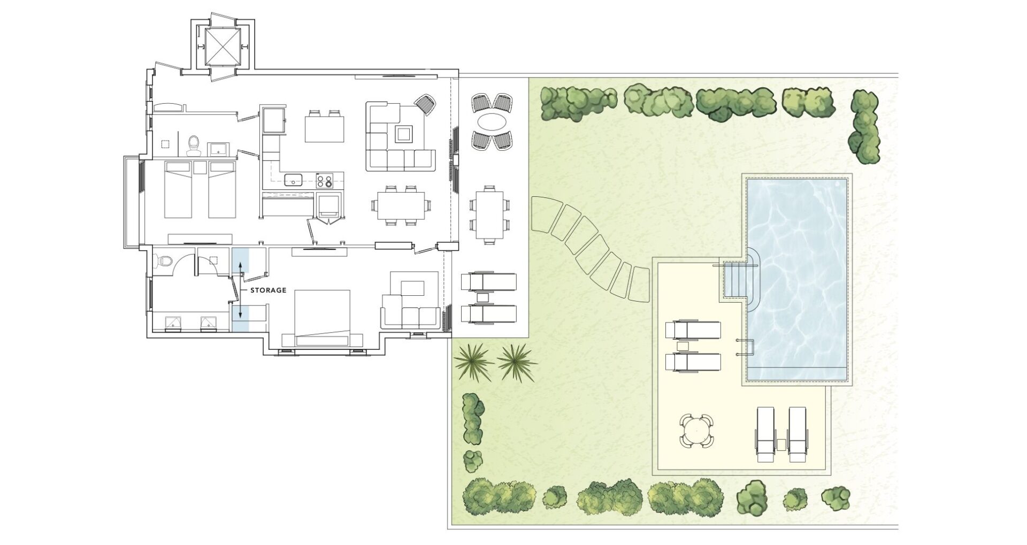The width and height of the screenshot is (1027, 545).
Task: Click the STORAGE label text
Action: (x=268, y=290)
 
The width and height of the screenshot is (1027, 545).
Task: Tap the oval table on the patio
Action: (x=493, y=121)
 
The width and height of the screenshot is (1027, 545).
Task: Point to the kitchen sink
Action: (x=294, y=180)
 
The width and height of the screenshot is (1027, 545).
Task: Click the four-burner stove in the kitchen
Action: (x=325, y=181)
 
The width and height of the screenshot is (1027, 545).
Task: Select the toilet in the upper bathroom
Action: (x=194, y=144)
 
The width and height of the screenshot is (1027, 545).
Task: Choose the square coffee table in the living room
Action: (x=404, y=133)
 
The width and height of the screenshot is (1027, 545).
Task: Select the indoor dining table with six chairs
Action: (x=401, y=205)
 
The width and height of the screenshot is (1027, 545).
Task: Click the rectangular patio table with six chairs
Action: (x=489, y=214)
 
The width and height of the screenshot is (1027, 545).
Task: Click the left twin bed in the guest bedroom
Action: (x=178, y=189)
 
